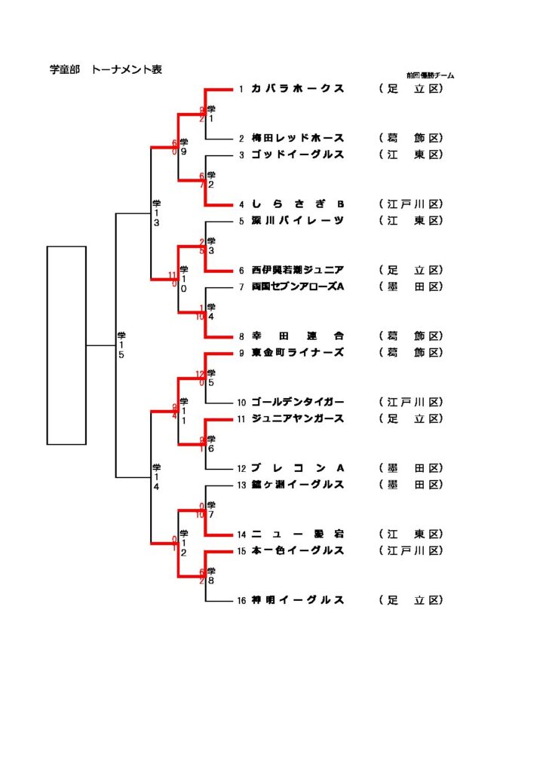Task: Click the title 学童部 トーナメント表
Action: coord(106,70)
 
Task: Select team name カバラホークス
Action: coord(298,89)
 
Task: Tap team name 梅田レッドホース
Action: coord(298,139)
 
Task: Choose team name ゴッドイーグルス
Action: coord(298,155)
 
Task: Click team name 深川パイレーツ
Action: coord(298,221)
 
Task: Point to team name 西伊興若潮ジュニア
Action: coord(298,271)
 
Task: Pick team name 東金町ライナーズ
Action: coord(298,353)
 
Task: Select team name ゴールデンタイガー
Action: coord(298,403)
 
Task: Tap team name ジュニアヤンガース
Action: coord(298,419)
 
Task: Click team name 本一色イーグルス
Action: coord(298,551)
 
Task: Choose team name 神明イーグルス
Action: coord(298,601)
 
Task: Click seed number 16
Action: coord(241,601)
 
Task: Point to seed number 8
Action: coord(241,337)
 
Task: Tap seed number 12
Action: coord(241,469)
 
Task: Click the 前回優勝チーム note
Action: coord(430,75)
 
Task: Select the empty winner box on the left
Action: coord(66,345)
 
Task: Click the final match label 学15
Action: coord(121,345)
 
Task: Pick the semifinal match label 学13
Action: coord(156,213)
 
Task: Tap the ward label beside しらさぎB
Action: coord(411,204)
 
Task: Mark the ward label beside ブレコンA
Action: coord(411,469)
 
